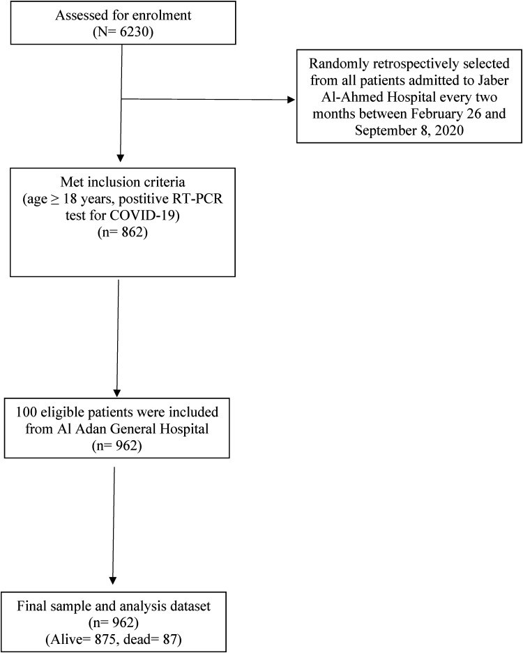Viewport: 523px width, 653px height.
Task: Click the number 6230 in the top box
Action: pyautogui.click(x=134, y=31)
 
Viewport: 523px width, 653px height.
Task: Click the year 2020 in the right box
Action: pyautogui.click(x=448, y=130)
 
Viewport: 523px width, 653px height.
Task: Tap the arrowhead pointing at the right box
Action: pyautogui.click(x=291, y=100)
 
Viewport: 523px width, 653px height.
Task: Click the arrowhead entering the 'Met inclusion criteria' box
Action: pyautogui.click(x=121, y=158)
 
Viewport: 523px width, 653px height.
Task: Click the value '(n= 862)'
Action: pyautogui.click(x=123, y=232)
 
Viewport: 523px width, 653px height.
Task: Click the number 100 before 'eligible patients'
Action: pyautogui.click(x=26, y=412)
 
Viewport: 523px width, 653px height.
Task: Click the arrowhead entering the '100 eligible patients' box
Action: pyautogui.click(x=117, y=393)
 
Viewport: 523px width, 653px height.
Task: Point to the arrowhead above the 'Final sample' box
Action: pyautogui.click(x=112, y=580)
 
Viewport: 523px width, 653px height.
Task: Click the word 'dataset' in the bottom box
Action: pyautogui.click(x=190, y=606)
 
